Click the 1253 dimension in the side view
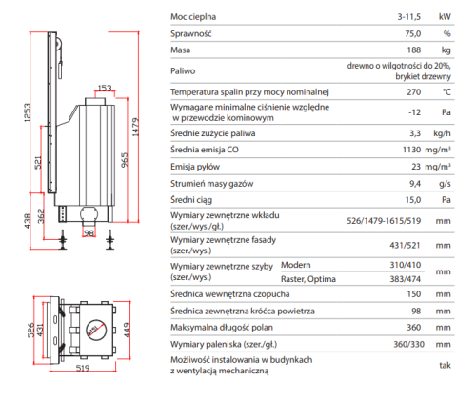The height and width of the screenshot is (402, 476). point(28,112)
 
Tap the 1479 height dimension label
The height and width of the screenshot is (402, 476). point(135,128)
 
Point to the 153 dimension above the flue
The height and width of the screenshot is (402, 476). point(105,88)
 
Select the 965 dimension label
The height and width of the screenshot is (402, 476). point(125,160)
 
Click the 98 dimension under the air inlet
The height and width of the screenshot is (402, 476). point(89,233)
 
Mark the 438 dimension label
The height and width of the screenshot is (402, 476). point(28,221)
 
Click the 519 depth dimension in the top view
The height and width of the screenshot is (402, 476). point(83,368)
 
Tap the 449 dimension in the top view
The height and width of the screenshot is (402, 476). point(127,330)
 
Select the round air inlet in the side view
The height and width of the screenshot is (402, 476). point(89,213)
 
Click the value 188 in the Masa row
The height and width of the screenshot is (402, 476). point(414,50)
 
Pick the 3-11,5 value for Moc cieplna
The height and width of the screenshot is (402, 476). point(409,17)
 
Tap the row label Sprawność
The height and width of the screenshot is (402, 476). point(191,33)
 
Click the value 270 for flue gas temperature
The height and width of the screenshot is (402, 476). point(414,92)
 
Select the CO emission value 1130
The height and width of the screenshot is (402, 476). point(411,150)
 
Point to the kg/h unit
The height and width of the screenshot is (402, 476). point(442,133)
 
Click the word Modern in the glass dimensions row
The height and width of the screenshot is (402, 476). point(296,265)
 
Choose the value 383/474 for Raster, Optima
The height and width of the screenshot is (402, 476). point(406,279)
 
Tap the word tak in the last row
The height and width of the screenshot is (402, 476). point(445,365)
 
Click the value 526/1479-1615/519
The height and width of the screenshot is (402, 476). point(384,221)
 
